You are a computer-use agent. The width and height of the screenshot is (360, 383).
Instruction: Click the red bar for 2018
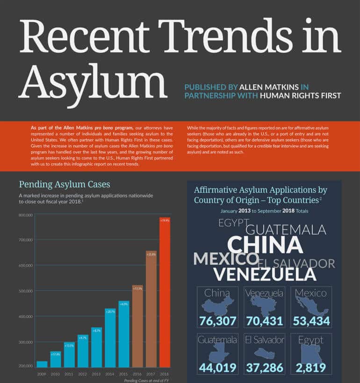tap(165, 290)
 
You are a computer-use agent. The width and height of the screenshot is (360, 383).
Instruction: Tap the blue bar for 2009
tap(42, 364)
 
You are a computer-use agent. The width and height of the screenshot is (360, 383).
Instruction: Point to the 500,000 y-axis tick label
tap(26, 291)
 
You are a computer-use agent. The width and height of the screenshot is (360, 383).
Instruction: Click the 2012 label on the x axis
tap(83, 374)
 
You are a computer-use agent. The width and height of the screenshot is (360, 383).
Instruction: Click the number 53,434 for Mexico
tap(311, 321)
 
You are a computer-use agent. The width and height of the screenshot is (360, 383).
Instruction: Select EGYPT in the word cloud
tap(232, 223)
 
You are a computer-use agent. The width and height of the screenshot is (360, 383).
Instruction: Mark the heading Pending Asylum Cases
tap(65, 184)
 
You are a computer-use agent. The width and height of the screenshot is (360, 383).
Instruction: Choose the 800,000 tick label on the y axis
tap(26, 215)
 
